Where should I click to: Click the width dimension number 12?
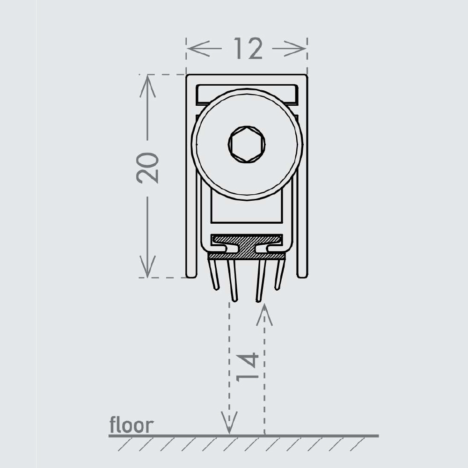(248, 48)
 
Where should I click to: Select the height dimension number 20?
(147, 168)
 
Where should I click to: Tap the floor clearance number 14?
(247, 367)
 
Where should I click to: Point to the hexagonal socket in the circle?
(247, 145)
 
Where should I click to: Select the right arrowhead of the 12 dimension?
(294, 48)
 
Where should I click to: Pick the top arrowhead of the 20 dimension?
(147, 86)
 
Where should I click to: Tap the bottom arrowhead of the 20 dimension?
(147, 266)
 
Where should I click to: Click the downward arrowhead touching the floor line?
(229, 423)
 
